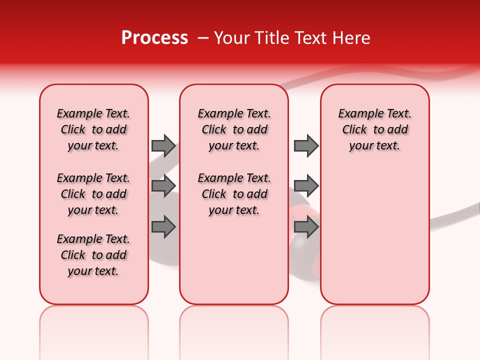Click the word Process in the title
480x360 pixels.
(x=154, y=38)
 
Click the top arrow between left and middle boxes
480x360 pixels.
(x=163, y=145)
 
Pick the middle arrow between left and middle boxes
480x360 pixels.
(x=163, y=186)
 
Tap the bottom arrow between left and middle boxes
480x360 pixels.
(x=163, y=227)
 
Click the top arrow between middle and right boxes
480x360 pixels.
(x=306, y=145)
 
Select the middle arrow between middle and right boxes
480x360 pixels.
(x=306, y=186)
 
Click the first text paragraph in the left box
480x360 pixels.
(x=93, y=129)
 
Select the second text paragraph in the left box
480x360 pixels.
(x=93, y=194)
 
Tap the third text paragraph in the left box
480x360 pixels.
(x=93, y=255)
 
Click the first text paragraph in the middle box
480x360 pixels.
(x=234, y=129)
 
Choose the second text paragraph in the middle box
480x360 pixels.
(x=234, y=194)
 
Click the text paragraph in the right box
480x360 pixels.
(x=374, y=129)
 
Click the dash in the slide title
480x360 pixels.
(x=203, y=38)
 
